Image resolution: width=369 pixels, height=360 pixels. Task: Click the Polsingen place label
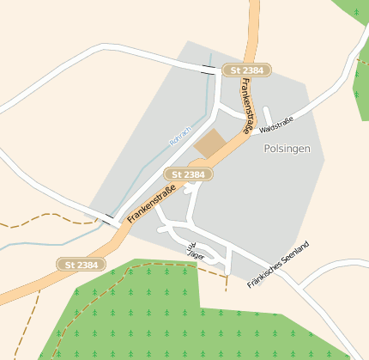[287, 149]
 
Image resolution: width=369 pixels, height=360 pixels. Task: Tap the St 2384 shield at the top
[246, 70]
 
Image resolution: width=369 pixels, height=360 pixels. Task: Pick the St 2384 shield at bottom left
[82, 265]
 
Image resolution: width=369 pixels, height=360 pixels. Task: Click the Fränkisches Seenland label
[277, 263]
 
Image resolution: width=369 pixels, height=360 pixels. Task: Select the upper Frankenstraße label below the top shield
[247, 105]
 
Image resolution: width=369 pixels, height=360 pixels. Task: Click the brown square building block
[210, 143]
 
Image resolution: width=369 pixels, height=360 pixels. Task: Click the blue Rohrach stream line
[150, 163]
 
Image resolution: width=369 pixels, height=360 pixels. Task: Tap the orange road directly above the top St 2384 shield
[253, 34]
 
